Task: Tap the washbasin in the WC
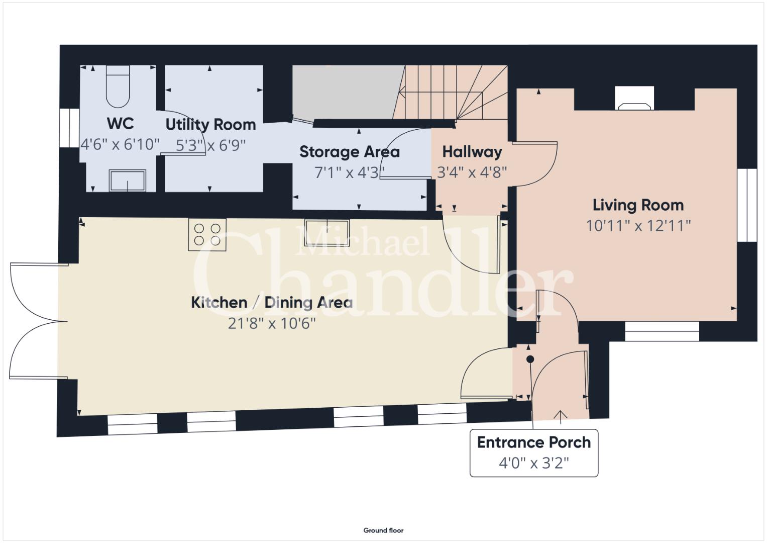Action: coord(128,180)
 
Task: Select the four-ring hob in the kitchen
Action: coord(207,234)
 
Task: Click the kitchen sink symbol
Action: coord(327,233)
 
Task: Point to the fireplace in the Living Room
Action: coord(634,99)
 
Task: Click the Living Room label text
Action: coord(638,205)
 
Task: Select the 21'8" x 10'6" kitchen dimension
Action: coord(272,323)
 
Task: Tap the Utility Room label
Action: coord(210,125)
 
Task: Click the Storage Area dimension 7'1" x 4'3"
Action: coord(350,172)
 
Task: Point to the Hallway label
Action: coord(472,152)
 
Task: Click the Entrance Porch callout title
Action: coord(534,442)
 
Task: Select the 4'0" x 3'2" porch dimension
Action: coord(534,463)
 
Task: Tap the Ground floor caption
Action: coord(384,530)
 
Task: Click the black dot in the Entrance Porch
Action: coord(530,359)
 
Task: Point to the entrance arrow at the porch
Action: coord(560,417)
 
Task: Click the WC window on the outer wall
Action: coord(69,128)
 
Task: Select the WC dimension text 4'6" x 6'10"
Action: coord(120,144)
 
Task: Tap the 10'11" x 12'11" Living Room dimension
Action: coord(638,226)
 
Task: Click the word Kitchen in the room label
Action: coord(219,303)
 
